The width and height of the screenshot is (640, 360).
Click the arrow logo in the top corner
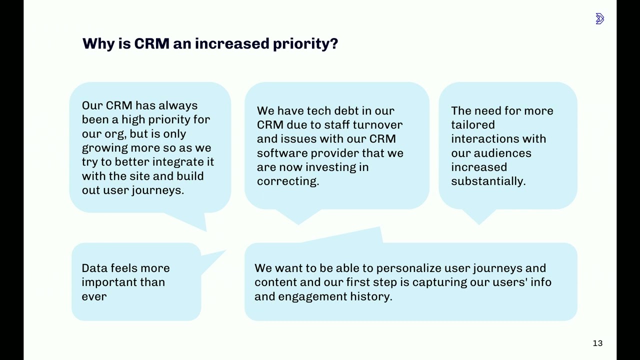pyautogui.click(x=599, y=18)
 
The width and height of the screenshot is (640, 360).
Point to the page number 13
pyautogui.click(x=597, y=343)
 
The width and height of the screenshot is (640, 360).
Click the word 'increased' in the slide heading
pyautogui.click(x=232, y=43)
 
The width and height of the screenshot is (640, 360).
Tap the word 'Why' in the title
pyautogui.click(x=98, y=44)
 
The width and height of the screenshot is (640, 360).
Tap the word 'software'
pyautogui.click(x=282, y=153)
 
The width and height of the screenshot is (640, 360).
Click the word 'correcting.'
pyautogui.click(x=288, y=181)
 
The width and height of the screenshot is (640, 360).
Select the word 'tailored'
pyautogui.click(x=473, y=125)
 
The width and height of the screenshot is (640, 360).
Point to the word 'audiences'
pyautogui.click(x=502, y=153)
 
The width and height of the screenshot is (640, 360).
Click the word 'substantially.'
pyautogui.click(x=488, y=181)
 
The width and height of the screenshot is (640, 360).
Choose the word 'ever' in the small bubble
pyautogui.click(x=94, y=297)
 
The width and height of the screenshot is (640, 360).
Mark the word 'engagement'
pyautogui.click(x=312, y=297)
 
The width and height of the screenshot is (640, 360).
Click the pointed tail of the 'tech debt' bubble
pyautogui.click(x=298, y=224)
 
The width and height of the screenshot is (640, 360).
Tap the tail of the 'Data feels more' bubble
pyautogui.click(x=225, y=250)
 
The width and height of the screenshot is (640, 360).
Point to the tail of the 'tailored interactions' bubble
pyautogui.click(x=479, y=224)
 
